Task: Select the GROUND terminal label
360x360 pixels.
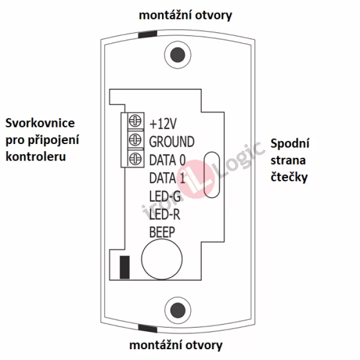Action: click(x=172, y=142)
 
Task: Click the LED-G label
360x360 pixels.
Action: click(x=164, y=196)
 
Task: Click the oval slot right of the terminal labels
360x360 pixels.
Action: click(x=211, y=175)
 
